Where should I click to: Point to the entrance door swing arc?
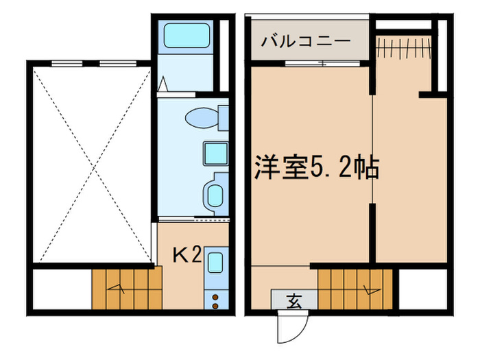point(291,326)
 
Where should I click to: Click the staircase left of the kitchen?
point(127,289)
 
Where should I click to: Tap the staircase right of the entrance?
point(357,287)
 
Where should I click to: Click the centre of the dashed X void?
point(89,164)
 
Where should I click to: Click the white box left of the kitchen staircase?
point(61,289)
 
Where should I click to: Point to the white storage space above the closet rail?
point(404,25)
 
